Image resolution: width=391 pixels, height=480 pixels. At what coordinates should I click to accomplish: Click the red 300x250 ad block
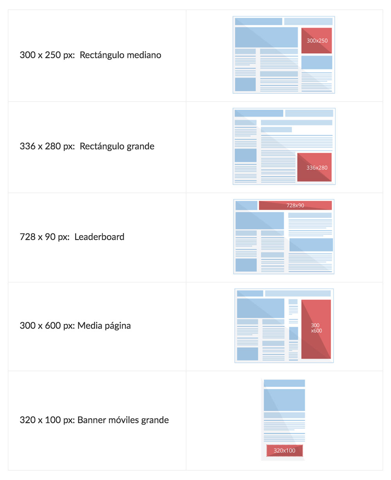[x=317, y=41]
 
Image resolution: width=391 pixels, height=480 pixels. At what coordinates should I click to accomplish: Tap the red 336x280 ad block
[x=314, y=167]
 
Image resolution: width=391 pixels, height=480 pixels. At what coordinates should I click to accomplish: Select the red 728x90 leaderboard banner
[x=295, y=205]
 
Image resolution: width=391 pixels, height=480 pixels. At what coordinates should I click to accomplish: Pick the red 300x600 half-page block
[x=316, y=329]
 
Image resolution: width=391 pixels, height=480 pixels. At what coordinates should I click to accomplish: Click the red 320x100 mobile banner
[x=284, y=451]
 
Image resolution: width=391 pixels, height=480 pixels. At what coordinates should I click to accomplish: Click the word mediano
[x=144, y=55]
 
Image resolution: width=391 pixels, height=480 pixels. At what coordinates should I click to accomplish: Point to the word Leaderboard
[x=99, y=237]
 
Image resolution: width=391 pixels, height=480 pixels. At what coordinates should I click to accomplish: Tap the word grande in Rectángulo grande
[x=141, y=147]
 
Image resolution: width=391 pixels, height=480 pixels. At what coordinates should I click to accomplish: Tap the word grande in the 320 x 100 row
[x=156, y=421]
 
